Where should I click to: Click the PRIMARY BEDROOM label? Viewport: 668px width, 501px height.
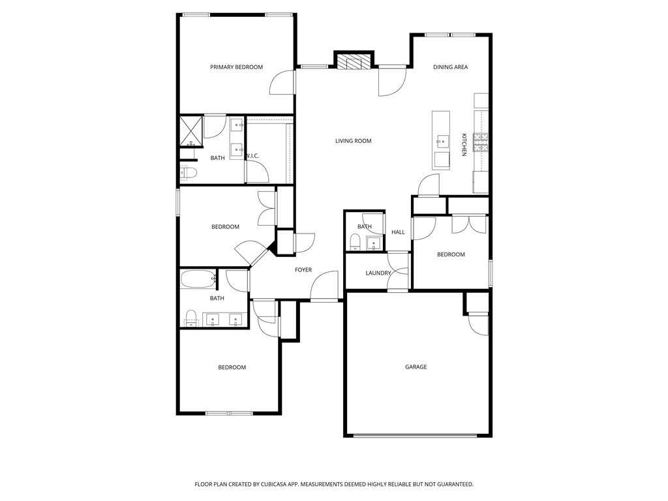pyautogui.click(x=236, y=67)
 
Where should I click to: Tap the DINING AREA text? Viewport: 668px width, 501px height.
pyautogui.click(x=450, y=67)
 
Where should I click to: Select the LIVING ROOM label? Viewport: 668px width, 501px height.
pyautogui.click(x=353, y=141)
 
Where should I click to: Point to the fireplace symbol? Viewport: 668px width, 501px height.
pyautogui.click(x=354, y=63)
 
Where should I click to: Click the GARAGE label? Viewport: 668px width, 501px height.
pyautogui.click(x=416, y=367)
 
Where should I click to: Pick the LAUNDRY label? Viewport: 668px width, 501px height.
pyautogui.click(x=378, y=273)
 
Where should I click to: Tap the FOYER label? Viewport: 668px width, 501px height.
pyautogui.click(x=303, y=270)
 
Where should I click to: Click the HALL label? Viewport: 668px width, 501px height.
pyautogui.click(x=398, y=232)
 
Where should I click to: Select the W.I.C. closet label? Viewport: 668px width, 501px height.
pyautogui.click(x=253, y=156)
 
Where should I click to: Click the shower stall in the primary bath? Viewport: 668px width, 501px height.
pyautogui.click(x=191, y=130)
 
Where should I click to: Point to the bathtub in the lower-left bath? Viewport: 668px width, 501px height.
pyautogui.click(x=198, y=279)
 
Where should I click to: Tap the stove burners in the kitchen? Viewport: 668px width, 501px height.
pyautogui.click(x=481, y=142)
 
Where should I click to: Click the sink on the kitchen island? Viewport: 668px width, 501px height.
pyautogui.click(x=442, y=139)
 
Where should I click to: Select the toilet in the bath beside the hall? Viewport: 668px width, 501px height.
pyautogui.click(x=355, y=243)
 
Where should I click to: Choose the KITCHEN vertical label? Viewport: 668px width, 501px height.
pyautogui.click(x=464, y=144)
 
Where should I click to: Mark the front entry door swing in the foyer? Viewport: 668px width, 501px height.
pyautogui.click(x=324, y=286)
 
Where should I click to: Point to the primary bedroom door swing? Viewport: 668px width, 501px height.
pyautogui.click(x=282, y=82)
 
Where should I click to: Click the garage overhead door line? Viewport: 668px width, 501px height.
pyautogui.click(x=418, y=436)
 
